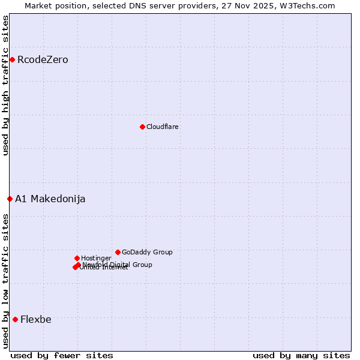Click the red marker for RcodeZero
pyautogui.click(x=12, y=59)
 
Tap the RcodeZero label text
pyautogui.click(x=43, y=59)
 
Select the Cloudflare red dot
pyautogui.click(x=142, y=127)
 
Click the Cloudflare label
pyautogui.click(x=162, y=127)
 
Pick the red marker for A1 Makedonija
pyautogui.click(x=10, y=199)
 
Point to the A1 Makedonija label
pyautogui.click(x=50, y=199)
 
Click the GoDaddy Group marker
pyautogui.click(x=118, y=252)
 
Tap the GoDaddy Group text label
pyautogui.click(x=147, y=252)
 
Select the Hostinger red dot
pyautogui.click(x=77, y=258)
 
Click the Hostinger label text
pyautogui.click(x=96, y=258)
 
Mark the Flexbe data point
pyautogui.click(x=15, y=319)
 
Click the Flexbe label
pyautogui.click(x=35, y=319)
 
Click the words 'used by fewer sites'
pyautogui.click(x=62, y=355)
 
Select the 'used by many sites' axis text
pyautogui.click(x=301, y=355)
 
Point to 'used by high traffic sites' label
pyautogui.click(x=5, y=85)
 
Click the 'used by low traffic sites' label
pyautogui.click(x=5, y=281)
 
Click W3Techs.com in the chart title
pyautogui.click(x=310, y=5)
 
